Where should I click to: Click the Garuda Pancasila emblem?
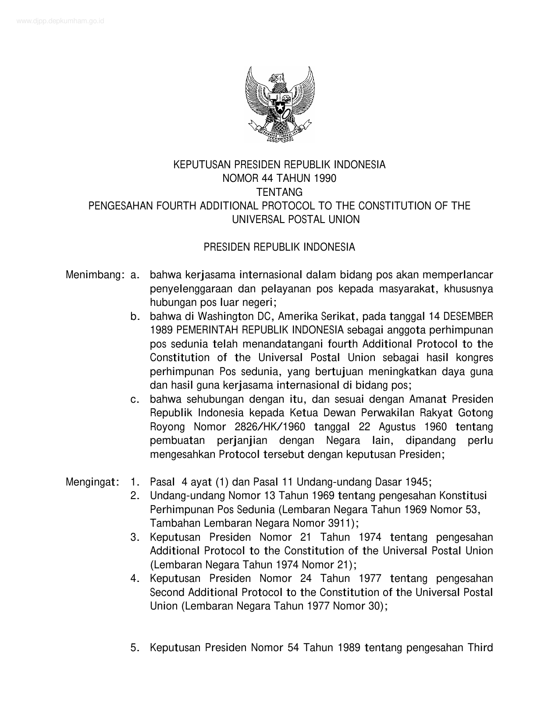pos(280,104)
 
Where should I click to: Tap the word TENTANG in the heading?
pos(279,192)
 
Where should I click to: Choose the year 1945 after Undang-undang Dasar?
pos(418,482)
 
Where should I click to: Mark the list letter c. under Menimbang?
pos(135,400)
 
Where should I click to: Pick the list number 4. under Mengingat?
pos(135,579)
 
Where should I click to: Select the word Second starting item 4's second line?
pos(167,592)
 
